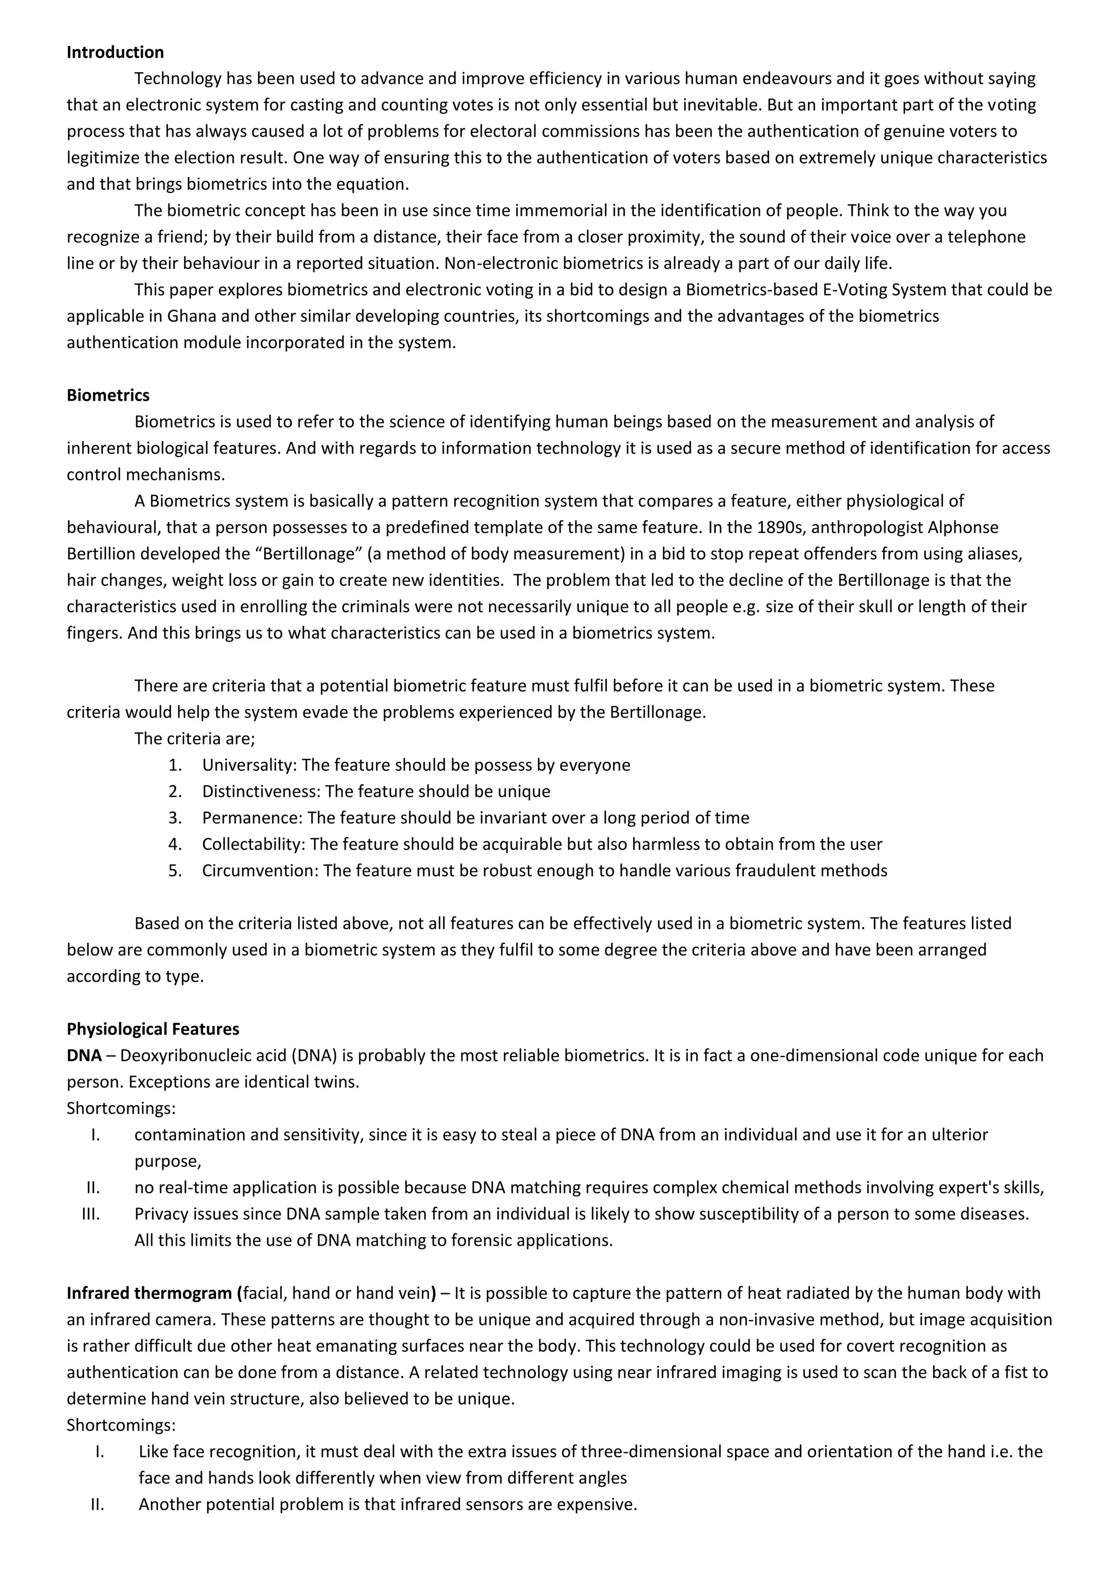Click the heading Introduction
pyautogui.click(x=115, y=52)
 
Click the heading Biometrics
pyautogui.click(x=108, y=395)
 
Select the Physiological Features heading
pyautogui.click(x=153, y=1029)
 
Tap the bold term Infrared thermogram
pyautogui.click(x=151, y=1293)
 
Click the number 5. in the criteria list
pyautogui.click(x=175, y=871)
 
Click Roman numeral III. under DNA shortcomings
pyautogui.click(x=91, y=1214)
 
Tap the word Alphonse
pyautogui.click(x=962, y=527)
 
